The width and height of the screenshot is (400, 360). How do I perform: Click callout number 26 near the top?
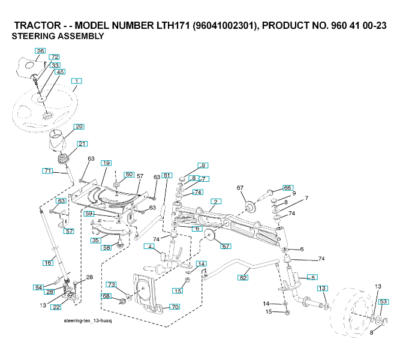[x=40, y=51]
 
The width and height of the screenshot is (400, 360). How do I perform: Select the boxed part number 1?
[x=77, y=80]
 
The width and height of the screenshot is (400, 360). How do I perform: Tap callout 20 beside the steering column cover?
[x=79, y=127]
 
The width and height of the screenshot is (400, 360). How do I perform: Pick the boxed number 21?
[x=82, y=143]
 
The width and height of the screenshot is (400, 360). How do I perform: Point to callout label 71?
[x=48, y=171]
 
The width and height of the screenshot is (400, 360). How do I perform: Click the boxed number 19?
[x=106, y=163]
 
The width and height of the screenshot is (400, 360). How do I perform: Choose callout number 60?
[x=129, y=175]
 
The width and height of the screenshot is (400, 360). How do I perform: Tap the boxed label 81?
[x=167, y=175]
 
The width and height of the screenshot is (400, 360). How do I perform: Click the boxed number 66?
[x=287, y=188]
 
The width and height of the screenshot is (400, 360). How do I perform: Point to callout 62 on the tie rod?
[x=243, y=278]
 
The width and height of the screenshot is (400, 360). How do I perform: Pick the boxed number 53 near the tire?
[x=384, y=302]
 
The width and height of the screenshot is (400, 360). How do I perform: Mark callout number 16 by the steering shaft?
[x=48, y=262]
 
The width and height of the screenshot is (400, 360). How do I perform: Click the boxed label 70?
[x=175, y=307]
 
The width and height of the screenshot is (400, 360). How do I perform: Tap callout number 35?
[x=95, y=240]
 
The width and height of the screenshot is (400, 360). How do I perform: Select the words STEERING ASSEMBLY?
[x=58, y=37]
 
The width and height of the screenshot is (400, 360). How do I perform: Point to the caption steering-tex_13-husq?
[x=88, y=321]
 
